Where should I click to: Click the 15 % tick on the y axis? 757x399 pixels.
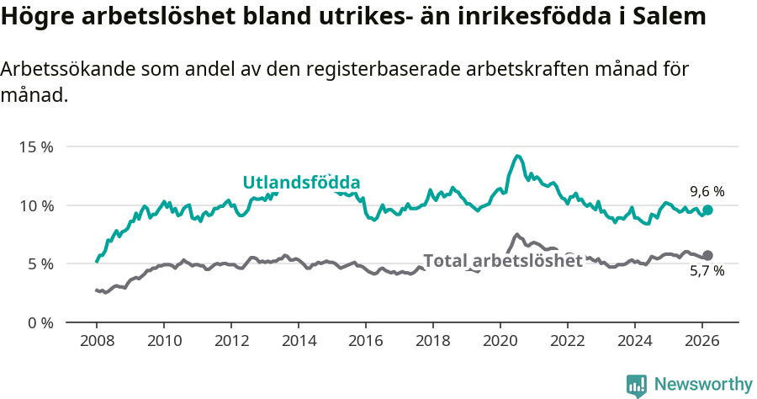[x=36, y=147]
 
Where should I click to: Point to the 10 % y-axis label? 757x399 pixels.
[x=36, y=205]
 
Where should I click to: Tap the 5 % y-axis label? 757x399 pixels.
[x=40, y=264]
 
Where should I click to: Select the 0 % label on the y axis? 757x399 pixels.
[x=40, y=323]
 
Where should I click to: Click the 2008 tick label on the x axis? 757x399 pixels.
[x=97, y=341]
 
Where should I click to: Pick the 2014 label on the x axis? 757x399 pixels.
[x=299, y=341]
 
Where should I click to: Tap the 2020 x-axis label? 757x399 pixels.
[x=500, y=341]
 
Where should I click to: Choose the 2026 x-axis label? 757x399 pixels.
[x=702, y=341]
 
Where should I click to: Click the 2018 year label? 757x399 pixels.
[x=433, y=341]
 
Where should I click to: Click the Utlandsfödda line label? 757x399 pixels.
[x=301, y=183]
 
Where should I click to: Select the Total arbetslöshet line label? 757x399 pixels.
[x=502, y=261]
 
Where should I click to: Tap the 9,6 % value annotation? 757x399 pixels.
[x=707, y=191]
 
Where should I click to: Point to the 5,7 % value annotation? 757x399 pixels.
[x=707, y=271]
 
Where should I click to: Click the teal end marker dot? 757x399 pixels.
[x=708, y=210]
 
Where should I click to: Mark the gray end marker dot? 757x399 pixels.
[x=708, y=255]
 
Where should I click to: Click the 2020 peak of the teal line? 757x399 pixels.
[x=517, y=156]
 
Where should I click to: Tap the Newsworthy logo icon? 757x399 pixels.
[x=637, y=385]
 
